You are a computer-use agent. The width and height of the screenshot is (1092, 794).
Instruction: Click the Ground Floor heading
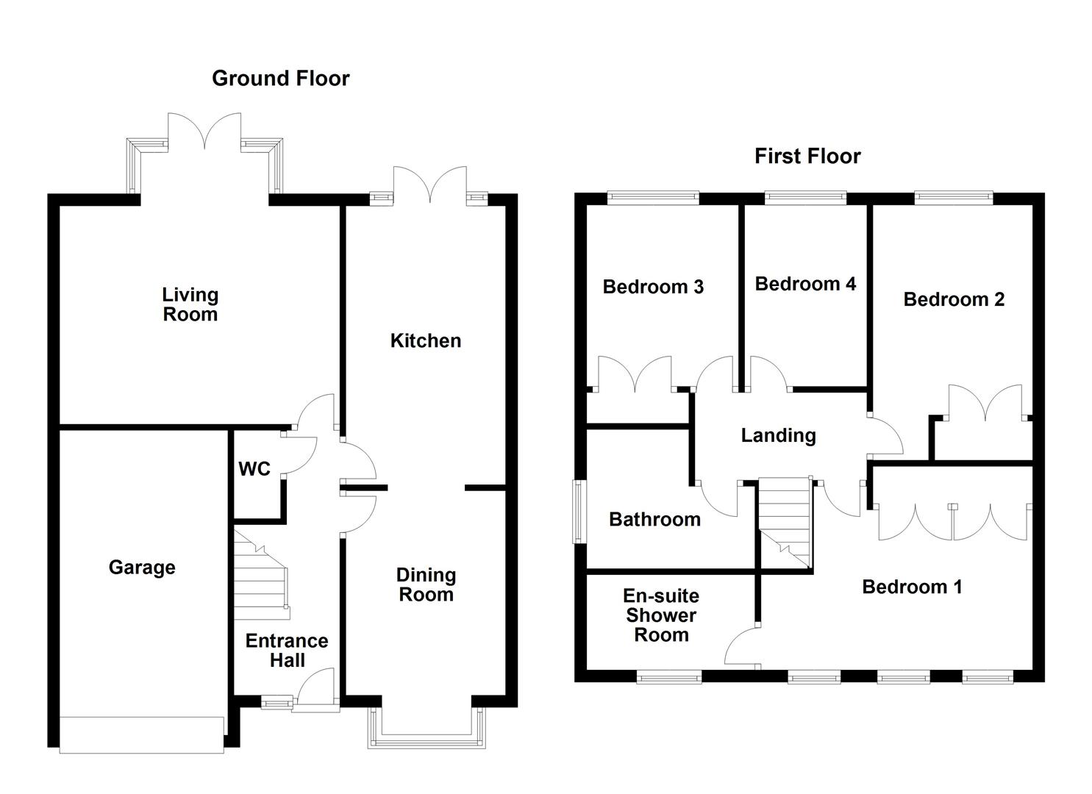(x=280, y=79)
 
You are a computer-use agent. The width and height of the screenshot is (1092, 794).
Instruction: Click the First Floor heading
(x=807, y=156)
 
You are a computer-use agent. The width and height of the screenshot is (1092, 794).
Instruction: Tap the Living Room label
(x=190, y=304)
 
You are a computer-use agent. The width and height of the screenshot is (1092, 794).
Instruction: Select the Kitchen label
(x=425, y=340)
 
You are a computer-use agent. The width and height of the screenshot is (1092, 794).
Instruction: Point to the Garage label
(x=142, y=567)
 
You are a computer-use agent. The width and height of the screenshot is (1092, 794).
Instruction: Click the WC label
(x=254, y=468)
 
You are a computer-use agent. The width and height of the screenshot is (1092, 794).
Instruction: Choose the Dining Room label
(x=426, y=584)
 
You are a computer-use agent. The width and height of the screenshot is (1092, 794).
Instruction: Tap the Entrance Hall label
(x=286, y=650)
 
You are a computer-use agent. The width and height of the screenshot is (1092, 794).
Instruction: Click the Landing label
(x=778, y=435)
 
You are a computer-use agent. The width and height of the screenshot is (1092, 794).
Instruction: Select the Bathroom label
(x=654, y=519)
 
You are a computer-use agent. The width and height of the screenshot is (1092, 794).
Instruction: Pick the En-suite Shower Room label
(x=660, y=615)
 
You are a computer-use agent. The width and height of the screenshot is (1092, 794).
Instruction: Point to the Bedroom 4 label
(x=805, y=284)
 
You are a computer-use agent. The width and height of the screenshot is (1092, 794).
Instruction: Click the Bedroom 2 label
(x=953, y=299)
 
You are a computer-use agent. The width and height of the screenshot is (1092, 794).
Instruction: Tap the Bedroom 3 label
(x=653, y=286)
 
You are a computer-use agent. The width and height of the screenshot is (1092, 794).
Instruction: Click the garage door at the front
(x=141, y=734)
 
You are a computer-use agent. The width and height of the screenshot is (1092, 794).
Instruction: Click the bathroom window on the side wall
(x=579, y=512)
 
